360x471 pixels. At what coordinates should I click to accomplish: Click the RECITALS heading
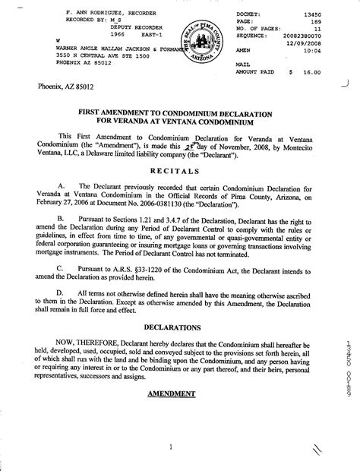180,172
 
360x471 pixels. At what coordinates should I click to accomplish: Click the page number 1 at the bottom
173,447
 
